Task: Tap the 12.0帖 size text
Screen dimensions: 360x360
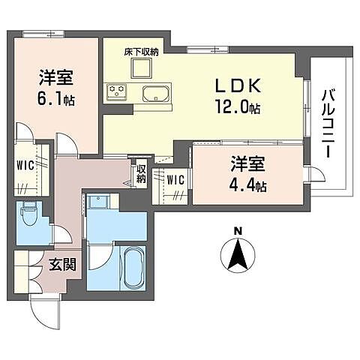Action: [238, 108]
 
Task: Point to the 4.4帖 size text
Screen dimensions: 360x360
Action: [248, 184]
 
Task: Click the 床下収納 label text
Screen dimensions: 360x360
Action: [142, 52]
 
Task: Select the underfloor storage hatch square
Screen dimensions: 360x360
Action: [142, 68]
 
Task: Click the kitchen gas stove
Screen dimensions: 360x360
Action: [118, 91]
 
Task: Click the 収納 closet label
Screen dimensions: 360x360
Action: [141, 175]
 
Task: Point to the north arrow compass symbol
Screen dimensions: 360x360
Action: [237, 256]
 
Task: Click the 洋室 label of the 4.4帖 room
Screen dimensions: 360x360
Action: [248, 163]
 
